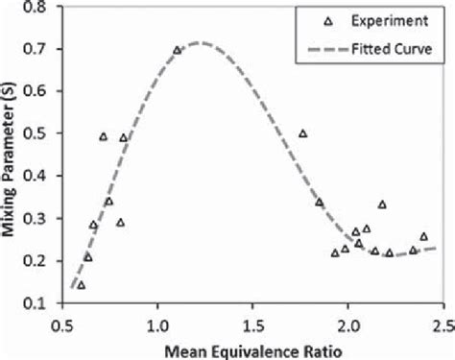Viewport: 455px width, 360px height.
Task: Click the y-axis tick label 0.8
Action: click(38, 7)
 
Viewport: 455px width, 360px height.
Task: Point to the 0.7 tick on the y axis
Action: click(38, 49)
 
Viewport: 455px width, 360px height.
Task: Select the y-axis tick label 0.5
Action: click(38, 133)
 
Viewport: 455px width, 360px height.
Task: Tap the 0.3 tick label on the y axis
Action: click(38, 219)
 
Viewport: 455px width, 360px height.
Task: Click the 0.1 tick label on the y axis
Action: click(38, 303)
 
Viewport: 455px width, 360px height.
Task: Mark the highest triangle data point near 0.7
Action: click(177, 50)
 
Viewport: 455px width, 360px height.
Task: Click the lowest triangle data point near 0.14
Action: click(81, 285)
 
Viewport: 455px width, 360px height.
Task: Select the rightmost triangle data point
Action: click(423, 236)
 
